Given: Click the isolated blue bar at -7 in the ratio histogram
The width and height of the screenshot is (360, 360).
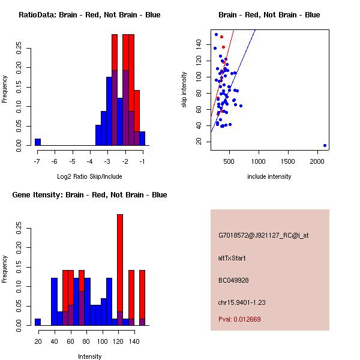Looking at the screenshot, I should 38,142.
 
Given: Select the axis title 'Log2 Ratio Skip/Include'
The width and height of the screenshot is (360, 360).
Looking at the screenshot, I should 89,176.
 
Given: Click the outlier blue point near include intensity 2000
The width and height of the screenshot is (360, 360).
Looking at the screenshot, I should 325,145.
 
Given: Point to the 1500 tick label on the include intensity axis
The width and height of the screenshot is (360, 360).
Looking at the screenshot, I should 289,161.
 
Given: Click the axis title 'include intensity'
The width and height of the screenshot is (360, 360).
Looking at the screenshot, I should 269,176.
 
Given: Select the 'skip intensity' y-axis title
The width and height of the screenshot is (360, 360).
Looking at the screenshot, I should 184,90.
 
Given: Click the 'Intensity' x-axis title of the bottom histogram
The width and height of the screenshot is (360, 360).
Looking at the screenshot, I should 89,356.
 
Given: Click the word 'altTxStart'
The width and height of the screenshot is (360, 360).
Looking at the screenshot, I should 232,258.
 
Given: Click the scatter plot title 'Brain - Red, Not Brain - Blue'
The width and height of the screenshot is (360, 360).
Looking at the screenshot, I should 269,15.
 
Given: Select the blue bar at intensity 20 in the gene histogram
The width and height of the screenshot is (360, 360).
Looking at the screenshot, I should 38,322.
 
